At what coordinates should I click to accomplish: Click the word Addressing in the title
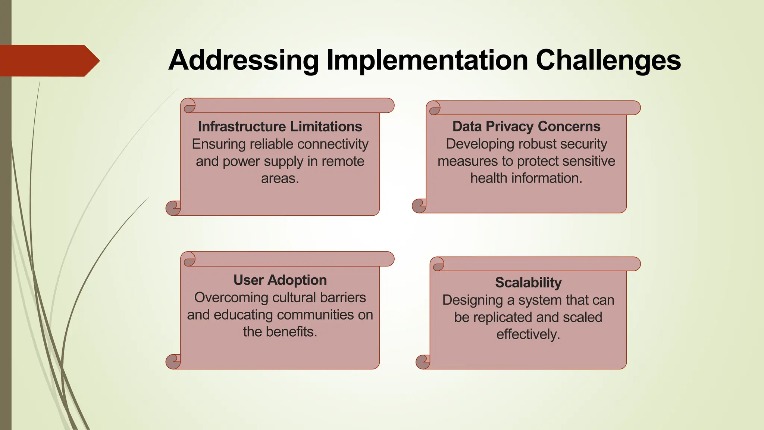243,60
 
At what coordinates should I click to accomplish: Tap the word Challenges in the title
608,60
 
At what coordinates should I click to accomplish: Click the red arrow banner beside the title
48,61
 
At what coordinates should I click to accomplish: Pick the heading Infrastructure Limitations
280,127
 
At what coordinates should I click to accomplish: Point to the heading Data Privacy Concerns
526,127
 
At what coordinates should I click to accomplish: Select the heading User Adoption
280,280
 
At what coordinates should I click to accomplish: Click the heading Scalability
528,283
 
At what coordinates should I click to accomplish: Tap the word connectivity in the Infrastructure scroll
333,144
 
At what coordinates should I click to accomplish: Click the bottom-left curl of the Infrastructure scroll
173,208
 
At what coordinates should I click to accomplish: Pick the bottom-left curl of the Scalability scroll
423,362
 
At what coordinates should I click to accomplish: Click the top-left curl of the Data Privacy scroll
434,108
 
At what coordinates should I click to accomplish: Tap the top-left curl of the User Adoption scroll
189,259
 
